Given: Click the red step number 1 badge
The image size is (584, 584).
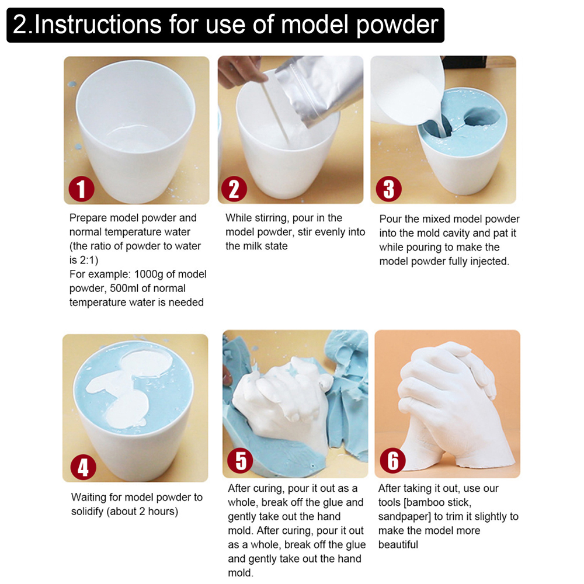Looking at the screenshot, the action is click(x=82, y=189).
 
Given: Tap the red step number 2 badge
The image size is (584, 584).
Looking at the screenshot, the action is click(x=234, y=189).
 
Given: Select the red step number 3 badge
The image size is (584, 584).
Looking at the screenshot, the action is click(x=388, y=189).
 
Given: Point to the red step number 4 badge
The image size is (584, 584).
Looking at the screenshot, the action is click(x=83, y=467).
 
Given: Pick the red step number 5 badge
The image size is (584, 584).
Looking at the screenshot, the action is click(x=240, y=461).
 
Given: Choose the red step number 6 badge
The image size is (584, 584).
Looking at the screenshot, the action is click(x=392, y=461).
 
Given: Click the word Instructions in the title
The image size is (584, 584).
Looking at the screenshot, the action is click(x=98, y=25).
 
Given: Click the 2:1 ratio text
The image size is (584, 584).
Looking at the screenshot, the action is click(x=88, y=260).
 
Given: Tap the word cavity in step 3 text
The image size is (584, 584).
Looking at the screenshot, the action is click(x=454, y=233).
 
